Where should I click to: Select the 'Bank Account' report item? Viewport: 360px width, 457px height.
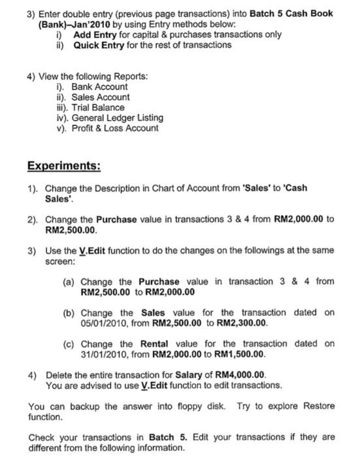click(x=99, y=86)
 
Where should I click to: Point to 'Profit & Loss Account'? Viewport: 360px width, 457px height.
click(x=115, y=128)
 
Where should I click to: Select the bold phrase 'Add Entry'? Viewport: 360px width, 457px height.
click(x=95, y=34)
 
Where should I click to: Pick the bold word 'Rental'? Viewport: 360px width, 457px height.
click(x=155, y=343)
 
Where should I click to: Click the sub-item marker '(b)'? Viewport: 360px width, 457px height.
click(x=69, y=312)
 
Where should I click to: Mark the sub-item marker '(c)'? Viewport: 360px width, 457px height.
click(x=69, y=343)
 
